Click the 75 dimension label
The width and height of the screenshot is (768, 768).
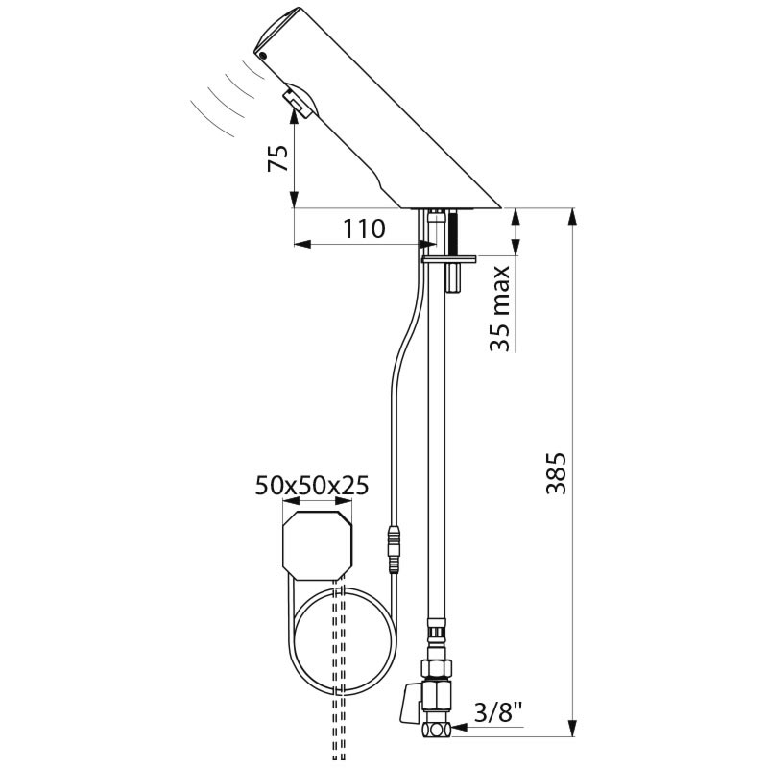coord(277,157)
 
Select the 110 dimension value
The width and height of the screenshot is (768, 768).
coord(364,228)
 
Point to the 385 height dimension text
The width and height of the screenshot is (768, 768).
coord(556,473)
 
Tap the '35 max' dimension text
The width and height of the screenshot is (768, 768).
coord(500,308)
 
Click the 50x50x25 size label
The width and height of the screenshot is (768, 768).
coord(312,486)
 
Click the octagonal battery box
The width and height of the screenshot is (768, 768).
coord(318,545)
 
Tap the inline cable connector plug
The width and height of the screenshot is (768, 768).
coord(394,549)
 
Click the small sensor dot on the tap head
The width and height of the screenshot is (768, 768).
coord(263,56)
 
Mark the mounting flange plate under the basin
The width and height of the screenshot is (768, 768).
coord(448,259)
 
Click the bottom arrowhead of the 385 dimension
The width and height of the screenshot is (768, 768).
coord(572,728)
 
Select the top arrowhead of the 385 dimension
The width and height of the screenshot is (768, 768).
coord(572,218)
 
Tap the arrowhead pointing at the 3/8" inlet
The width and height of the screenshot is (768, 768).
coord(460,728)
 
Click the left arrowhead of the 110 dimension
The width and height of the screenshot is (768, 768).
coord(302,244)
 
